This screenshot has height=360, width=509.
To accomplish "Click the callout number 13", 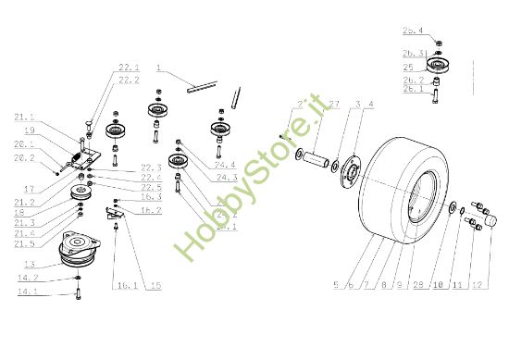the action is pos(30,264).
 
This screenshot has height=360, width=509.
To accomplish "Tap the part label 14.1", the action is pos(28,292).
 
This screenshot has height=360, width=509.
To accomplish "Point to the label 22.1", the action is pos(128,68).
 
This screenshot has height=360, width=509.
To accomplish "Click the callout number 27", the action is pos(309,105).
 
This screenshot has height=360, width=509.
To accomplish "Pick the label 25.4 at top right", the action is pos(413,31).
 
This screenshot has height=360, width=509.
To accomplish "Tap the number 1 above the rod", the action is pos(158,68).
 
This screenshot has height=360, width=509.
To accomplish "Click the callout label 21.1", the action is pos(25,118).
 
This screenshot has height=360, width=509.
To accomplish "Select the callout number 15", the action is pos(155,286).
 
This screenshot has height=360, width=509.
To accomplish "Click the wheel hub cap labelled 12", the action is pos(486,222).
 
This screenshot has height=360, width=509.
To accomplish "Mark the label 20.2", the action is pos(24,157).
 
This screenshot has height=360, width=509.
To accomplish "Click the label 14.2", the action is pos(28,278).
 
